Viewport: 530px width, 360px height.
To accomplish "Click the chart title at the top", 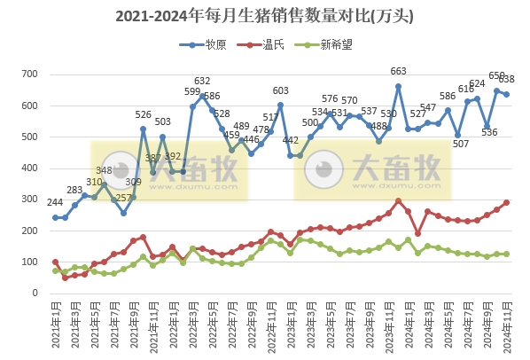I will pos(264,16).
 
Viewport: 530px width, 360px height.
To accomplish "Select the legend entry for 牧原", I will pos(202,43).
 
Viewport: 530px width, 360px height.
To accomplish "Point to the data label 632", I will pos(202,82).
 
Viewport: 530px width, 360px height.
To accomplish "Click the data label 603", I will pos(280,90).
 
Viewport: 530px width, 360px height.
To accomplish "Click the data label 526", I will pos(143,114).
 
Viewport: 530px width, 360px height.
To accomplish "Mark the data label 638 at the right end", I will pos(507,80).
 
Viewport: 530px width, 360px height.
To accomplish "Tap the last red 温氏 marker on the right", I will pos(506,202).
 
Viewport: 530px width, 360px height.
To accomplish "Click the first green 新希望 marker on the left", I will pos(55,270).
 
